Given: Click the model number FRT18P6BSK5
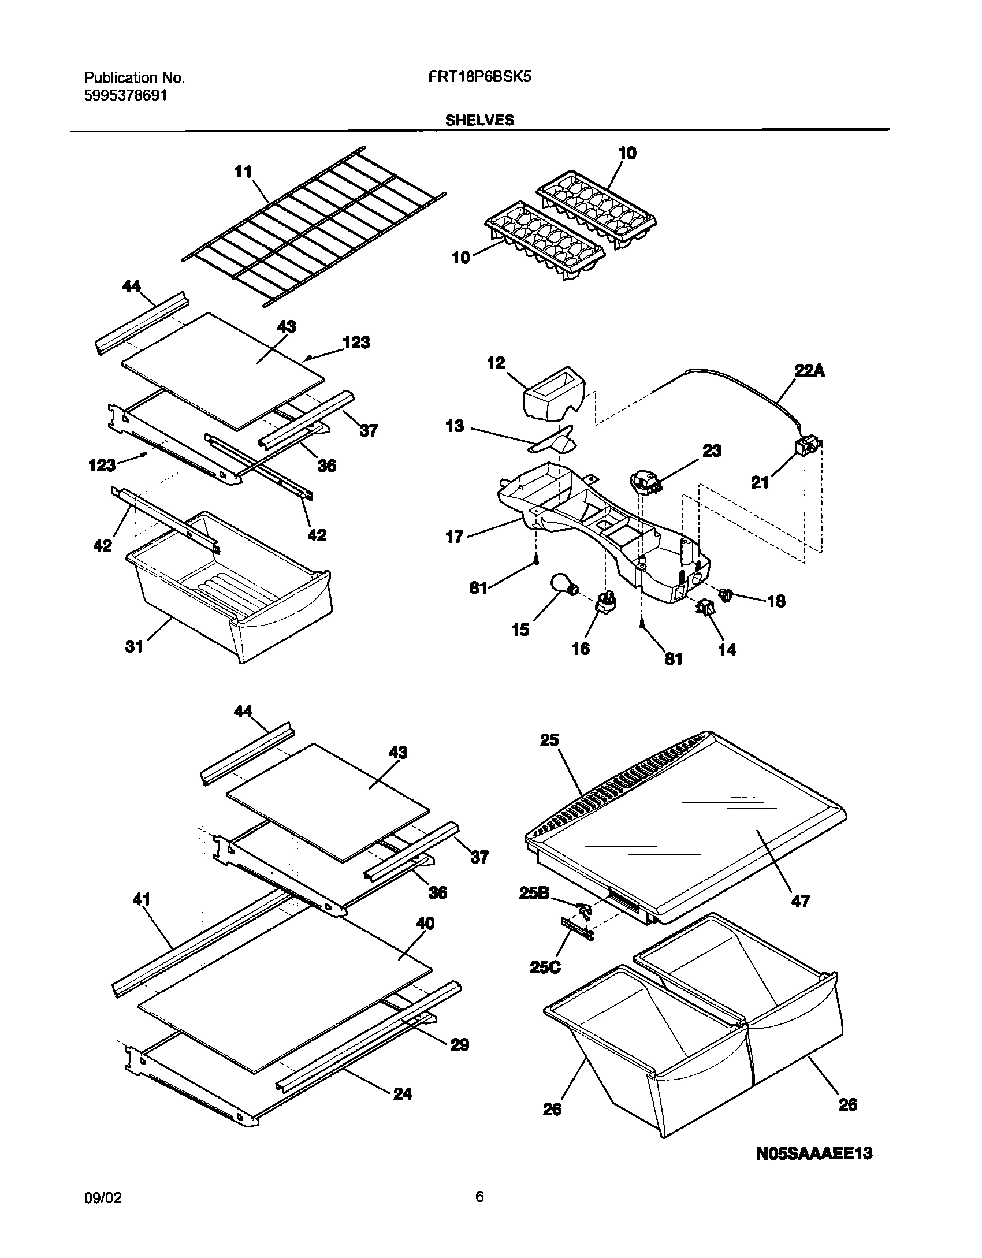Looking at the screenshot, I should pos(481,77).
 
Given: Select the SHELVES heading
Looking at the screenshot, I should pos(479,120).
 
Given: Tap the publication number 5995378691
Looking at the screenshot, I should pos(126,96).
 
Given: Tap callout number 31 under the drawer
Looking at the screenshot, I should pos(134,646).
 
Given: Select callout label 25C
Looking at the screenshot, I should pos(545,967).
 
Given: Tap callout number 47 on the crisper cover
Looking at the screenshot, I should pos(800,900).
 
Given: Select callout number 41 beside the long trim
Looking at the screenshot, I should pos(142,899).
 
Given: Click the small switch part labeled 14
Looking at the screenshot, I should pos(706,608).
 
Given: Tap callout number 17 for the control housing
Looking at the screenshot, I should pos(455,537).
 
